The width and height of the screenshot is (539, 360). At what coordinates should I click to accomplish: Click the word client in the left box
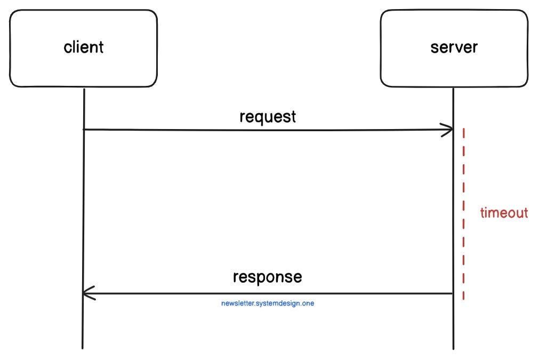click(84, 47)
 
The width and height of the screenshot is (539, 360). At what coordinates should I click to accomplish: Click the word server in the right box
click(454, 47)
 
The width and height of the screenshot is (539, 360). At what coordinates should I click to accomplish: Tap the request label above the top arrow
click(268, 116)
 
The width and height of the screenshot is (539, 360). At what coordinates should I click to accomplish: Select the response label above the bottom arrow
click(267, 277)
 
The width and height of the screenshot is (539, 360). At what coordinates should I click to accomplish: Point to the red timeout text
click(504, 213)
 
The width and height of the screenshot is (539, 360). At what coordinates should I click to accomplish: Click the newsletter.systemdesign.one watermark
click(271, 303)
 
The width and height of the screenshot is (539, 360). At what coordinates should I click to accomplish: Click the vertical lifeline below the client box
click(84, 213)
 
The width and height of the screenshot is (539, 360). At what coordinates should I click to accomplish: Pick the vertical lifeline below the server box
click(453, 213)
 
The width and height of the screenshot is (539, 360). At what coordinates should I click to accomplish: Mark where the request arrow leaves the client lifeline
click(84, 129)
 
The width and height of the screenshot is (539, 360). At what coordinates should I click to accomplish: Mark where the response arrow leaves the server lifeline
click(453, 293)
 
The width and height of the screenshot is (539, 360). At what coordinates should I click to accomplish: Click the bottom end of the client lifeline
click(83, 348)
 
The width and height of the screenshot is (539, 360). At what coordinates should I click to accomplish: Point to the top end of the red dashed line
click(463, 129)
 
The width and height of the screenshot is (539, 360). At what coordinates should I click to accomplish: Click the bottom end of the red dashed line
click(463, 299)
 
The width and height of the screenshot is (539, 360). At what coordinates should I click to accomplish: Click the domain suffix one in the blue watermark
click(315, 303)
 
